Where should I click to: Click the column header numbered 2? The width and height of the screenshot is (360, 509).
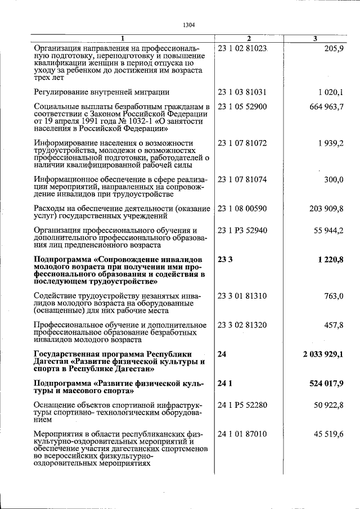pyautogui.click(x=248, y=38)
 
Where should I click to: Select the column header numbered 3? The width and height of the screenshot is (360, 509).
pyautogui.click(x=315, y=38)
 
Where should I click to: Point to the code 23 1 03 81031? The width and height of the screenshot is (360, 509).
pyautogui.click(x=242, y=91)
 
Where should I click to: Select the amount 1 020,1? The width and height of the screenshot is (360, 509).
pyautogui.click(x=330, y=91)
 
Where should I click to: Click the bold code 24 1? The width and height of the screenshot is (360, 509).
pyautogui.click(x=224, y=382)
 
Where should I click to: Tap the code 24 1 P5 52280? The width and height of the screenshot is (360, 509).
pyautogui.click(x=242, y=405)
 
